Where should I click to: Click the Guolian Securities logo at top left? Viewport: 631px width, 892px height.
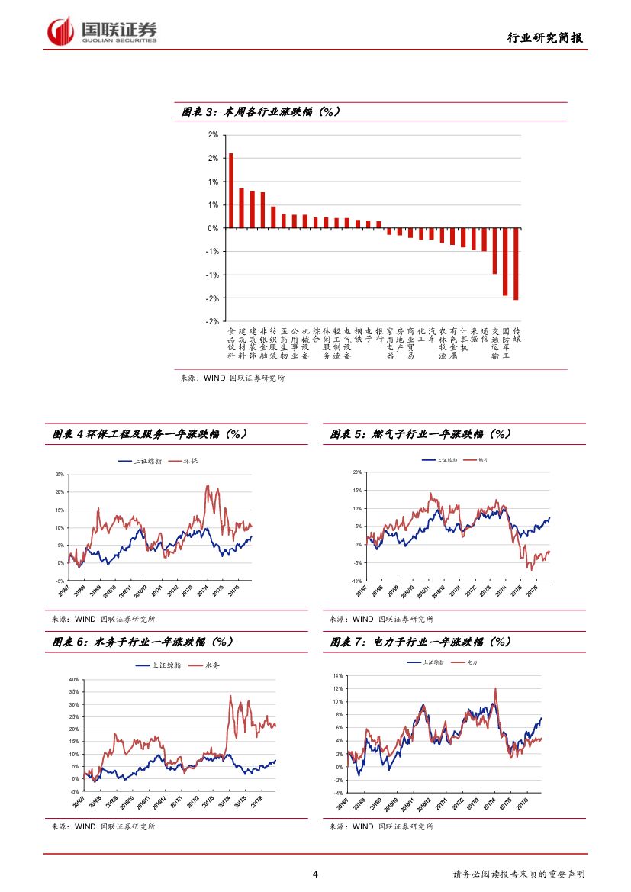[x=102, y=31]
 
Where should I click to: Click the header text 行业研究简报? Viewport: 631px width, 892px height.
[x=545, y=38]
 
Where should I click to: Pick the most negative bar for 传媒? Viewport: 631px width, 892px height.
[x=516, y=264]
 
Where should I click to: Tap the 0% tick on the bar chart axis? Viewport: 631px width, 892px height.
[x=213, y=228]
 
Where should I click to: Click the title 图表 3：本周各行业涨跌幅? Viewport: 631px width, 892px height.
[x=260, y=112]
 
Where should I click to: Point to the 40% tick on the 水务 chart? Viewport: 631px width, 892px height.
[x=74, y=679]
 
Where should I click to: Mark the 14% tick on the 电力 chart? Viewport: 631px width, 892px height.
[x=337, y=676]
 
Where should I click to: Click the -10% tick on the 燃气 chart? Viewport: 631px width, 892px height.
[x=356, y=581]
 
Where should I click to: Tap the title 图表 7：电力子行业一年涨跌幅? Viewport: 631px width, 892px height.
[x=420, y=642]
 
